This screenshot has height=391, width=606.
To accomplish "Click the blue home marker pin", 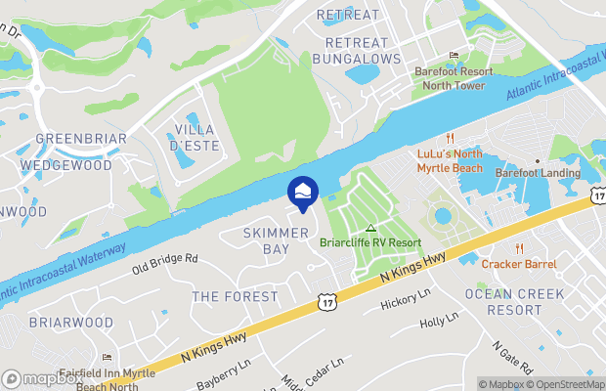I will click(302, 192).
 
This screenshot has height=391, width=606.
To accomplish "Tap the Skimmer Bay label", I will click(267, 241).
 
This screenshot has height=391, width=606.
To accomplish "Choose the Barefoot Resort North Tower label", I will click(453, 77).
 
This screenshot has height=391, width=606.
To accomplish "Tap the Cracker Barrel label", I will click(519, 264).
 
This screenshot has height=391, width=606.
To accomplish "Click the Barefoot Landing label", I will click(538, 174).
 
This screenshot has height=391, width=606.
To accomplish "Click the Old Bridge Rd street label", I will click(165, 260).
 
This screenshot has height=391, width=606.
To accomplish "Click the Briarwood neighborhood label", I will click(70, 322).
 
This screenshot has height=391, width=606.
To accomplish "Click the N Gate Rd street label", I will click(510, 359).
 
